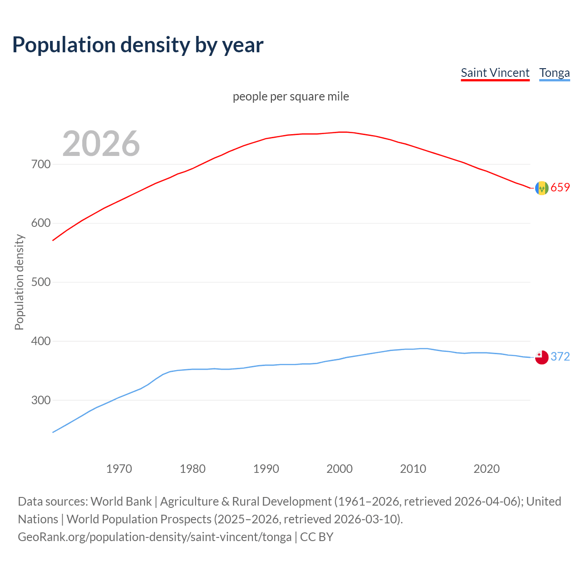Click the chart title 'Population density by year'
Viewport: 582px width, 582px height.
[138, 45]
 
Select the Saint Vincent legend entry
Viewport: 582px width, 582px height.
[495, 73]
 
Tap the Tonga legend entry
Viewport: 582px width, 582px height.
[554, 73]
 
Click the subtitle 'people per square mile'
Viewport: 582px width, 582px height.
[291, 96]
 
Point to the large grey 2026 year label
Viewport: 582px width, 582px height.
[101, 144]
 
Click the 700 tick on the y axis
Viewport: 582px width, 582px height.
[41, 164]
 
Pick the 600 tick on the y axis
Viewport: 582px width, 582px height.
[41, 223]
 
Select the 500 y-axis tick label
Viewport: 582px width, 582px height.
[41, 282]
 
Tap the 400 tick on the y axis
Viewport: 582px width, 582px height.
[41, 341]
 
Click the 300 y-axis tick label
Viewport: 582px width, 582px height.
[41, 400]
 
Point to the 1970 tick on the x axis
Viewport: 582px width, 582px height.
[119, 468]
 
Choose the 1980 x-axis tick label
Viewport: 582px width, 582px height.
[193, 468]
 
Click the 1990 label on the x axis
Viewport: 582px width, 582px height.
[266, 468]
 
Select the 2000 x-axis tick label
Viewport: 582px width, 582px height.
[340, 468]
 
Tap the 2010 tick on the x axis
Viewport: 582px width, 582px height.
[413, 468]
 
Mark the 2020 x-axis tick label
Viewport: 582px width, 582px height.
[487, 468]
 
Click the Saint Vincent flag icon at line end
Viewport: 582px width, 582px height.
[542, 188]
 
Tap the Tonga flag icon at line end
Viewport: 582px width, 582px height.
[542, 357]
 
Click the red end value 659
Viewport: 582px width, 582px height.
[560, 187]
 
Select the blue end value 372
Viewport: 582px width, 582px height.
[560, 356]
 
